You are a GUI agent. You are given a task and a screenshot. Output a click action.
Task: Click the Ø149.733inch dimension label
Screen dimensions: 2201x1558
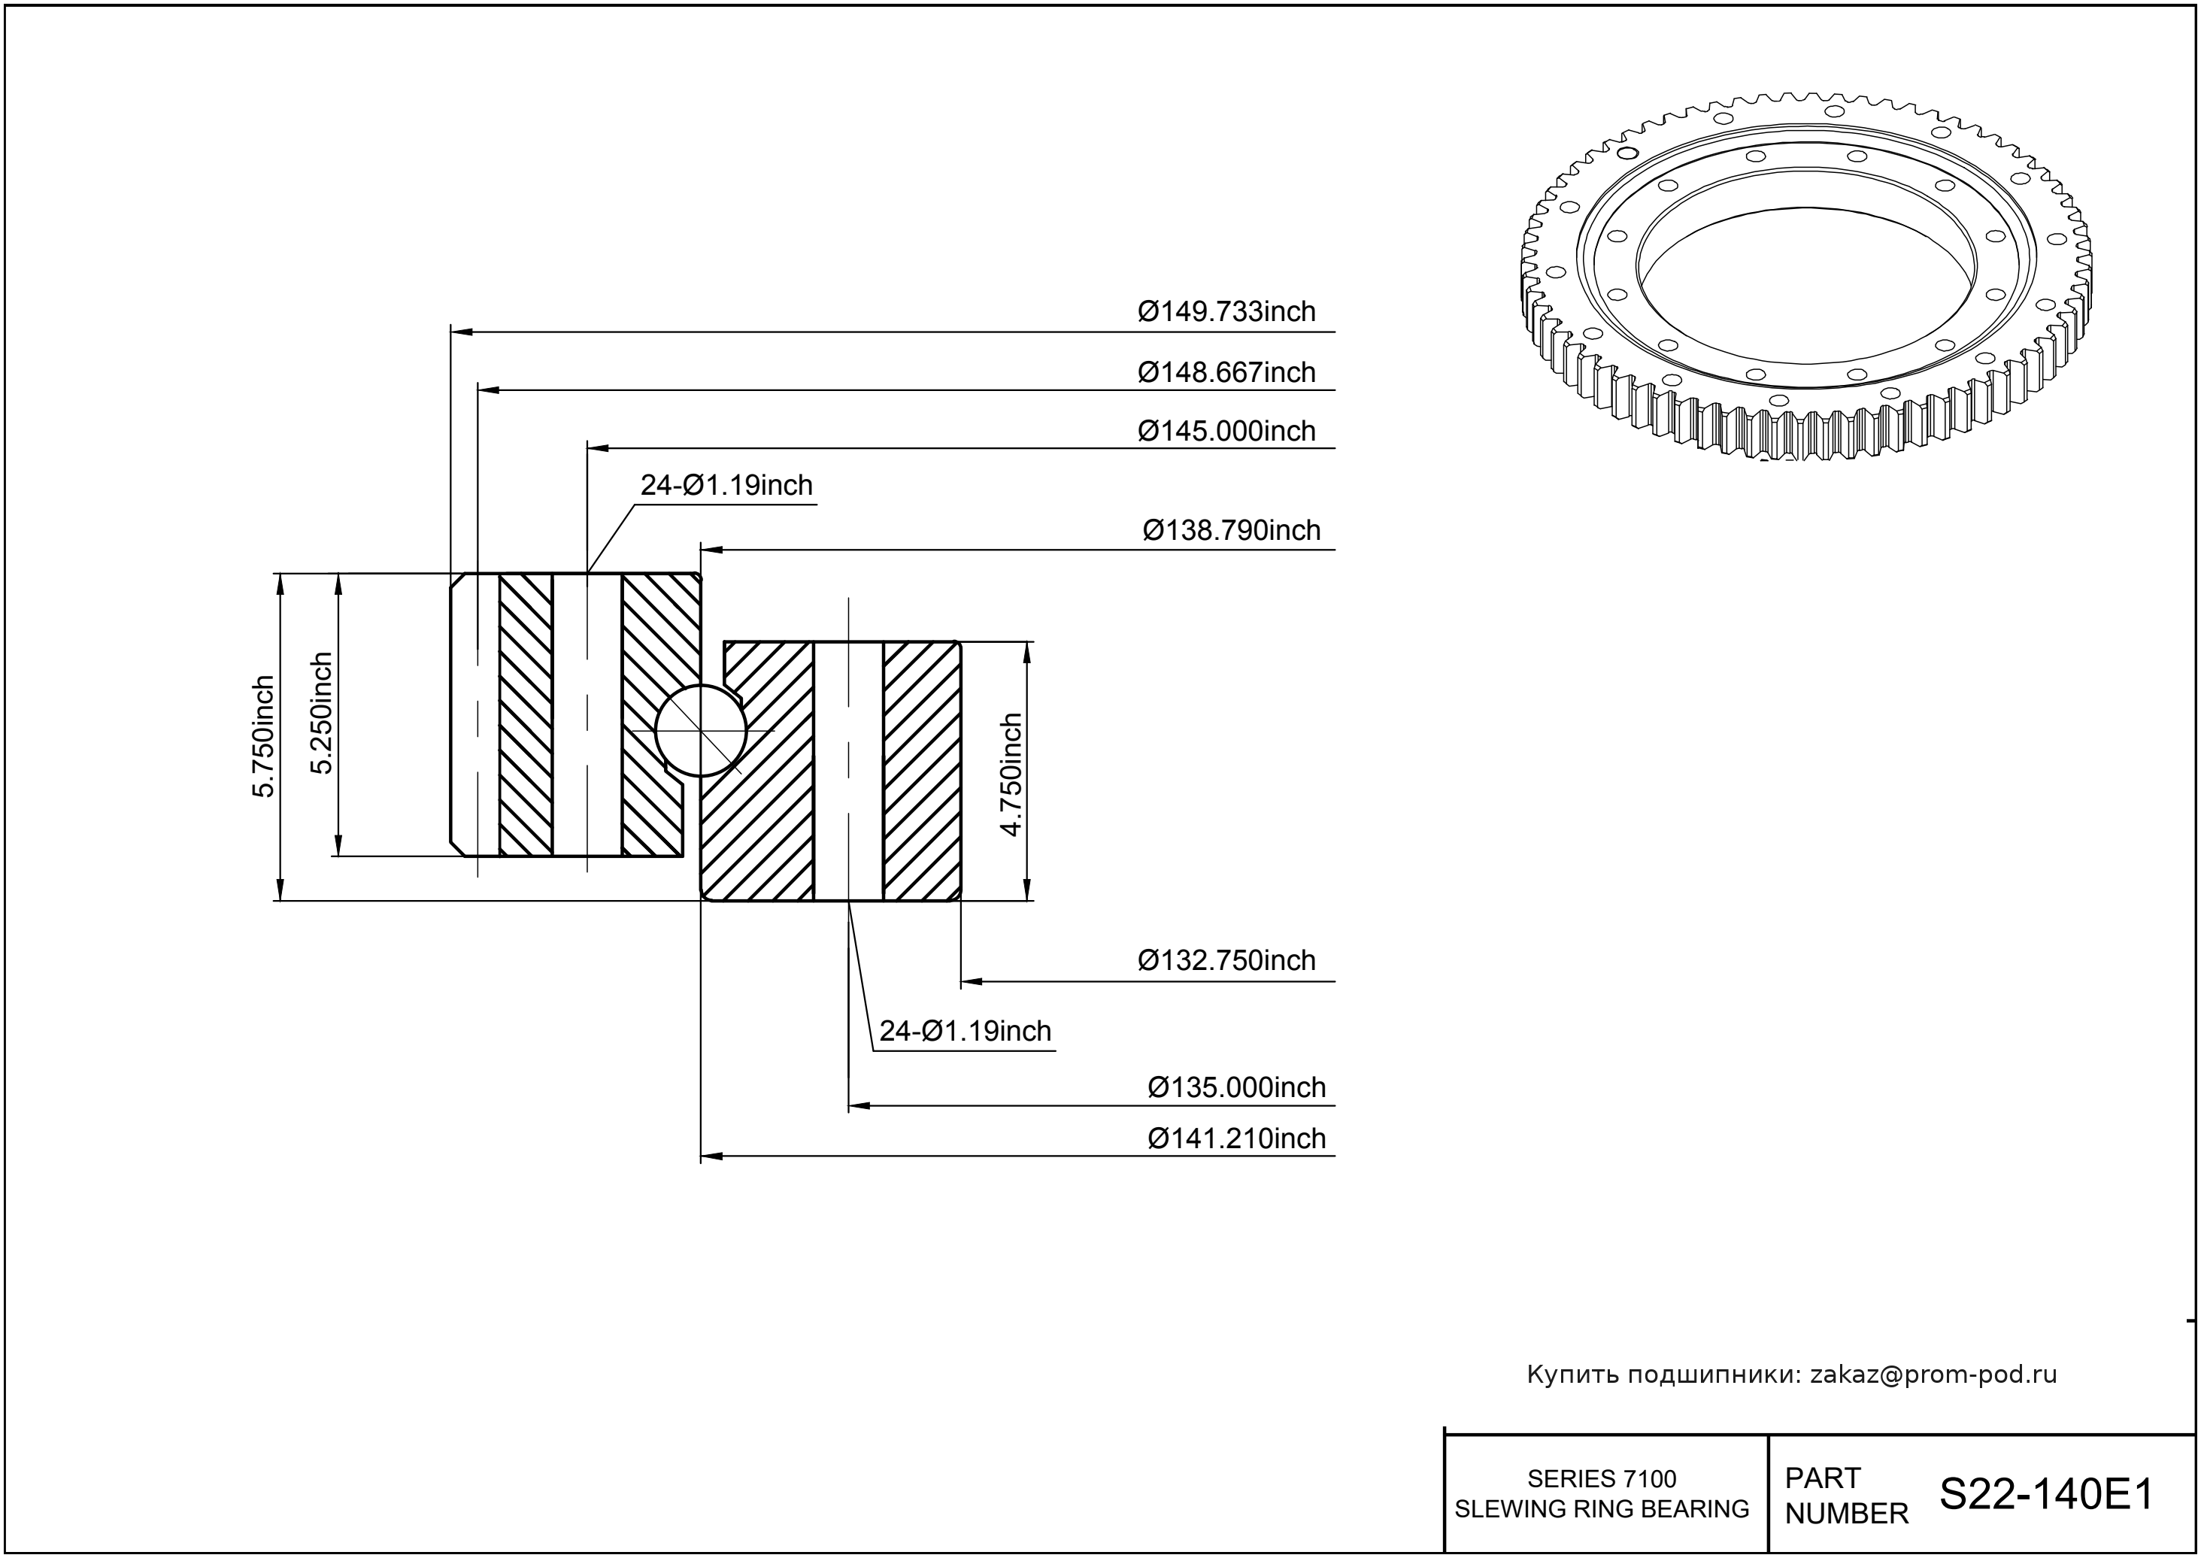(1226, 312)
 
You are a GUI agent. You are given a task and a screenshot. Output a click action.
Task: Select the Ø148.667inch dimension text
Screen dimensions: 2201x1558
(1226, 372)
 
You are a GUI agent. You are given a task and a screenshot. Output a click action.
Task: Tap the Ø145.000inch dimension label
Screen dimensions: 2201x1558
(1226, 432)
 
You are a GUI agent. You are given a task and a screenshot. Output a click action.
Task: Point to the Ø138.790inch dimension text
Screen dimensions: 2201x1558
(1231, 531)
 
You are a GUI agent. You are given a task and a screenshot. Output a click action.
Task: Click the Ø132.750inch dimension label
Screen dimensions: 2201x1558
(1226, 960)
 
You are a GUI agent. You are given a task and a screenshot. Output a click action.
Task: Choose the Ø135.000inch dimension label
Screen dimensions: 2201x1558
(1237, 1088)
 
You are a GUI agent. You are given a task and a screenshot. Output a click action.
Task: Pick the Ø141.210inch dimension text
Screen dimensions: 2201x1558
(1237, 1138)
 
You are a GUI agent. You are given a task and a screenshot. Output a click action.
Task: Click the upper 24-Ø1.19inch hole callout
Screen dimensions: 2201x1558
(726, 486)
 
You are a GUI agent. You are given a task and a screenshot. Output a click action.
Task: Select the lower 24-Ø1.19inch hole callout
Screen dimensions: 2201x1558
(966, 1032)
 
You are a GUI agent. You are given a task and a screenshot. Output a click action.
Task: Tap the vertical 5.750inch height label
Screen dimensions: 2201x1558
(263, 736)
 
